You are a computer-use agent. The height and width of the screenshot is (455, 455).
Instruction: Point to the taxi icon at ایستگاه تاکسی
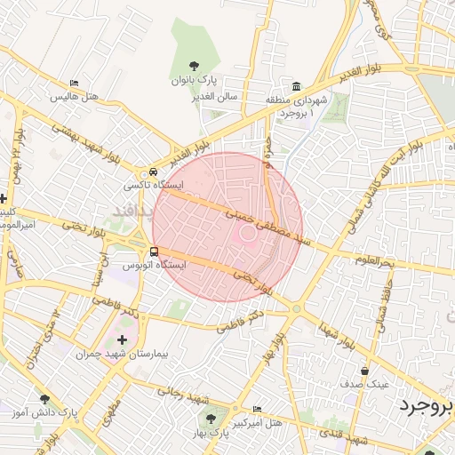pyautogui.click(x=154, y=172)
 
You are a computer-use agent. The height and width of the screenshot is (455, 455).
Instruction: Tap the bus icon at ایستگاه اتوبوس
pyautogui.click(x=155, y=251)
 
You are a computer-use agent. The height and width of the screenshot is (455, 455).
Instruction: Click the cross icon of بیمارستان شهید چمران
pyautogui.click(x=122, y=339)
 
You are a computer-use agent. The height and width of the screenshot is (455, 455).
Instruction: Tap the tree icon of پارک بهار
pyautogui.click(x=211, y=418)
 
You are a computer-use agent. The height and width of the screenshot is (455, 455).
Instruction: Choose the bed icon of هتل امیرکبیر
pyautogui.click(x=258, y=410)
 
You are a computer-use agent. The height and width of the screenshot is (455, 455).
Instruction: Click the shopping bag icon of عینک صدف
pyautogui.click(x=364, y=371)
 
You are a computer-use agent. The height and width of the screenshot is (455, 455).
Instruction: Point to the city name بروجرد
pyautogui.click(x=426, y=406)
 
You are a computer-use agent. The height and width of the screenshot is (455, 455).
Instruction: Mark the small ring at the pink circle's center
pyautogui.click(x=247, y=233)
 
